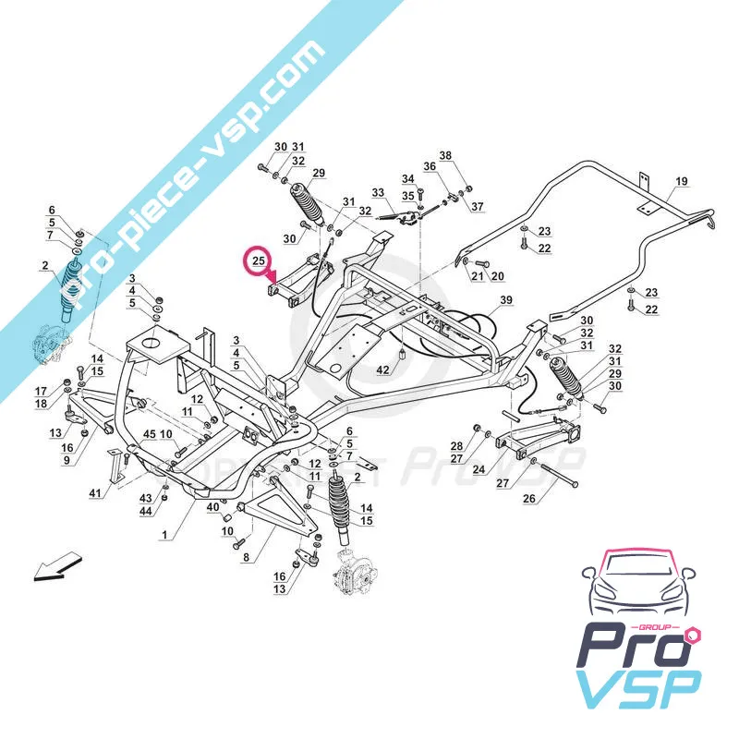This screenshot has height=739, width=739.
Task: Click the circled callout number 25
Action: [260, 260]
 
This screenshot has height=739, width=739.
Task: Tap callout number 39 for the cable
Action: [505, 301]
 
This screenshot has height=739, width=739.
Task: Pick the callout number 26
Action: [529, 501]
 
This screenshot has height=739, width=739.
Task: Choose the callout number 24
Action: [479, 469]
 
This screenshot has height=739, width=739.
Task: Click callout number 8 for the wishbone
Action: [246, 557]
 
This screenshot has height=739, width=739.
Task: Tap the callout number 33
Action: [377, 193]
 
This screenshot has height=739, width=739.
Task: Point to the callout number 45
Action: [150, 435]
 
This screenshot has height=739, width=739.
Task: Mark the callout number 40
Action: [212, 506]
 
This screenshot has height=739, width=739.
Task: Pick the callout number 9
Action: [67, 459]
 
